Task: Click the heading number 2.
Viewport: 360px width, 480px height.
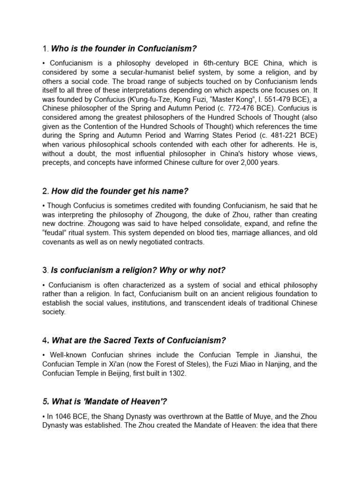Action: tap(46, 191)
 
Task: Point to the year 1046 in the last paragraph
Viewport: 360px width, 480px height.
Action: tap(63, 416)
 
